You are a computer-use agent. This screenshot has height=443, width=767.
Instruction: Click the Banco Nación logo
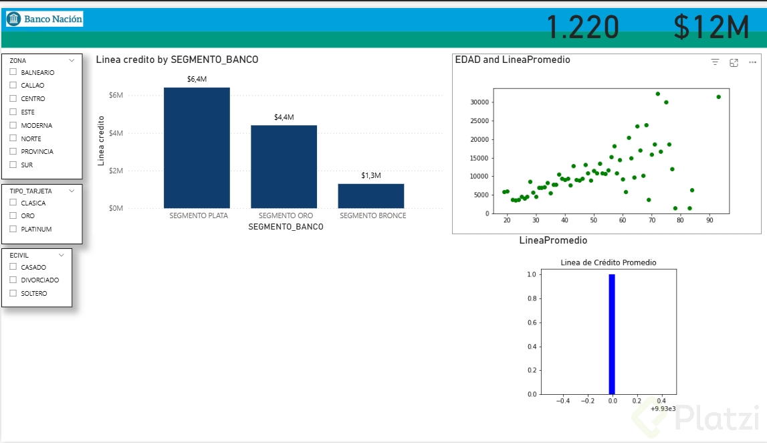[45, 19]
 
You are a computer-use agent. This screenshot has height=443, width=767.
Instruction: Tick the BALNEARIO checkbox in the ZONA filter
[13, 72]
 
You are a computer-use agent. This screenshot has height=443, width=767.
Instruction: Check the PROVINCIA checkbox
[13, 152]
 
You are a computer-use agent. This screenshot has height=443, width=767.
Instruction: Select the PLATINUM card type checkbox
[13, 229]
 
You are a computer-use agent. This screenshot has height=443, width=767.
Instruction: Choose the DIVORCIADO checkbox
[13, 280]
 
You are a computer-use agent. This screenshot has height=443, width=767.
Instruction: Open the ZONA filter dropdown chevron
[72, 60]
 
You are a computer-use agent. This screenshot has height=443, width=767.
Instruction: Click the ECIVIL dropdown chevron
[62, 255]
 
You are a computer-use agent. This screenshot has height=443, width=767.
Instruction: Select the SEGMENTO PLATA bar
[197, 148]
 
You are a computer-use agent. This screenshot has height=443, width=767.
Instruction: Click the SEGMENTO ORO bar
[284, 167]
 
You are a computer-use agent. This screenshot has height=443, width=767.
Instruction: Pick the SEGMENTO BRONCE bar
[370, 195]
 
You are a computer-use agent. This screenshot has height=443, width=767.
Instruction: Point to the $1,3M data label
[370, 175]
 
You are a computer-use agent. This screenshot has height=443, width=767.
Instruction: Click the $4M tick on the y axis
[116, 133]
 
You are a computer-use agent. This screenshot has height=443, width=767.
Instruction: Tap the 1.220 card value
[582, 28]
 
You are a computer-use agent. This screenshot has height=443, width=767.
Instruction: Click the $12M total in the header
[711, 28]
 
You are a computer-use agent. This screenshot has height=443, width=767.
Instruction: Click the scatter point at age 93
[718, 96]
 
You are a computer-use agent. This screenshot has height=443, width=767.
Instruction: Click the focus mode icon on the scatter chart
[734, 62]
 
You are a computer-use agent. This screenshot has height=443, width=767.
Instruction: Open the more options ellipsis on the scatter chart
[752, 62]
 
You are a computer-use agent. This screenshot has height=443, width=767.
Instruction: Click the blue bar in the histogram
[611, 334]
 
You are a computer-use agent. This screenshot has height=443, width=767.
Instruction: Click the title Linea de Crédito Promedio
[608, 262]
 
